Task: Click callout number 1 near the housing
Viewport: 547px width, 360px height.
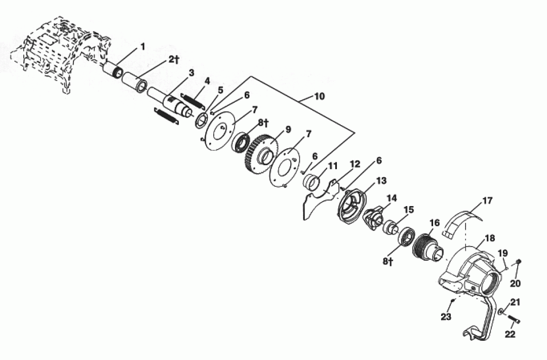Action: coord(142,46)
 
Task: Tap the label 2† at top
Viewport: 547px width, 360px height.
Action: coord(174,60)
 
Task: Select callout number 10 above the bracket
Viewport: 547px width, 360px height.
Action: coord(319,96)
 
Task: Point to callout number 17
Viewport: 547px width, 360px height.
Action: coord(487,201)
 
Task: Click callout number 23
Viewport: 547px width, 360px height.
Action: coord(446,317)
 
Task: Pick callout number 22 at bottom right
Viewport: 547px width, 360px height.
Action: coord(510,334)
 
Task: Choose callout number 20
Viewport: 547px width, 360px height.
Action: coord(515,283)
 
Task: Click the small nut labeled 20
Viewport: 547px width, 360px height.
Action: coord(518,261)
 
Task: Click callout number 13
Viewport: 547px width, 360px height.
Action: coord(381,181)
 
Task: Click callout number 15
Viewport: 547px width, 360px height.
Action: coord(409,210)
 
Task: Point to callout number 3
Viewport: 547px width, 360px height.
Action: coord(191,72)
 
